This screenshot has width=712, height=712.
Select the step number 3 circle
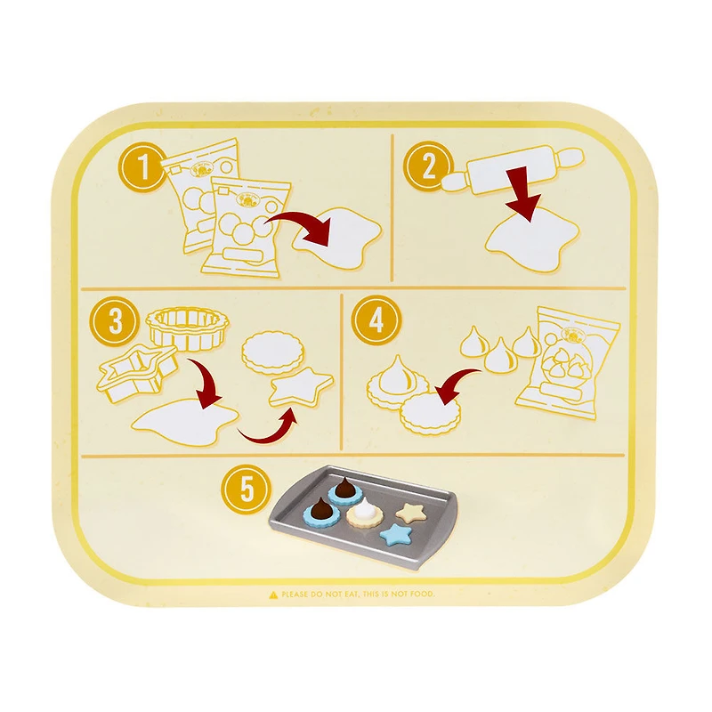click(x=116, y=322)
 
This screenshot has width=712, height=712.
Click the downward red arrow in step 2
click(x=525, y=193)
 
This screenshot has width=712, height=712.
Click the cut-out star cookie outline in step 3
click(x=299, y=388)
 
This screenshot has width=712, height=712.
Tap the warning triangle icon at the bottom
click(x=273, y=594)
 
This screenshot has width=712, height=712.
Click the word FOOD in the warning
click(x=422, y=594)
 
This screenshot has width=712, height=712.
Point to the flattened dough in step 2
click(x=534, y=237)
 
